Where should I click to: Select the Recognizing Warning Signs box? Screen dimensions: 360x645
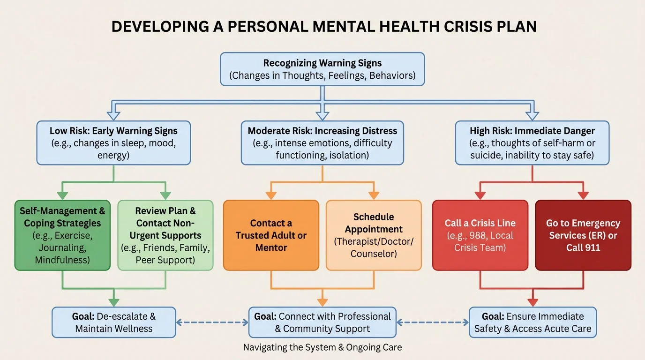coord(322,69)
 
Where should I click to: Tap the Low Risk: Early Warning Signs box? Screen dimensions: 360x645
coord(113,143)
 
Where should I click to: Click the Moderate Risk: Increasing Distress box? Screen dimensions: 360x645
coord(322,143)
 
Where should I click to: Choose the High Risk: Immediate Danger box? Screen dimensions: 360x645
coord(532,143)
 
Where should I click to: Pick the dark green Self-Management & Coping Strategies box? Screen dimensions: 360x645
coord(62,235)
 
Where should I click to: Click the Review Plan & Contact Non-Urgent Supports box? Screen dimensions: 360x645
coord(165,235)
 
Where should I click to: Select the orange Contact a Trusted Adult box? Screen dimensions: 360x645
coord(271,235)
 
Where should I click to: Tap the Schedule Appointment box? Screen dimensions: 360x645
coord(374,235)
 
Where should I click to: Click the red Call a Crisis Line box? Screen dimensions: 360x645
coord(480,235)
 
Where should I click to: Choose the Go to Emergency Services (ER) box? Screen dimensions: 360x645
coord(583,235)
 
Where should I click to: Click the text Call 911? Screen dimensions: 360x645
coord(583,247)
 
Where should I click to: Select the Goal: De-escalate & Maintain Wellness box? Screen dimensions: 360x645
coord(113,322)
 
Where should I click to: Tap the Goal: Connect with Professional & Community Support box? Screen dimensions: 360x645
coord(322,322)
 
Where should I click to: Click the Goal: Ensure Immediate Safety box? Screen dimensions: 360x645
coord(532,322)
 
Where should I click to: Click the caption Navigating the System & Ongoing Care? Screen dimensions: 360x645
coord(322,348)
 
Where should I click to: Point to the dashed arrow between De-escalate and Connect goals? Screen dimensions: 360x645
coord(212,322)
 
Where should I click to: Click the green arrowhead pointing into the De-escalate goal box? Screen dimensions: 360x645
coord(113,303)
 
